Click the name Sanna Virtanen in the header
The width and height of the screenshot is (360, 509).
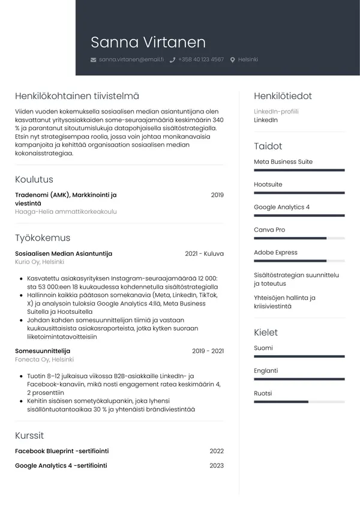[148, 42]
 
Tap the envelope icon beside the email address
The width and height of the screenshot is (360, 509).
[93, 60]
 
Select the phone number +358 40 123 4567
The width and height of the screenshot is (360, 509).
[200, 60]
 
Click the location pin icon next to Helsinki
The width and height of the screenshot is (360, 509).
[233, 60]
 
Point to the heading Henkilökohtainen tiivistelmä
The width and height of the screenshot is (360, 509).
[77, 96]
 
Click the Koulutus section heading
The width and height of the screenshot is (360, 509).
[34, 179]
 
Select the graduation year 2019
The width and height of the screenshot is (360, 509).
[217, 195]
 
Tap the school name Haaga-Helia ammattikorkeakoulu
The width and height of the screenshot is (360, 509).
[65, 212]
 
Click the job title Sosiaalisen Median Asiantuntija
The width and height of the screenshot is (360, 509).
[63, 254]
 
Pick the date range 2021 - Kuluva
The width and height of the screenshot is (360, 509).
[204, 254]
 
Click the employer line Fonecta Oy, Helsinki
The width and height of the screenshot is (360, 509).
[44, 360]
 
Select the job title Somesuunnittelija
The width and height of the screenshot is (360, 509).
[42, 351]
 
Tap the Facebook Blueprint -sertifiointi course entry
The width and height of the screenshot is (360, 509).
[61, 451]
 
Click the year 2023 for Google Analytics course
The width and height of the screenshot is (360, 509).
[217, 465]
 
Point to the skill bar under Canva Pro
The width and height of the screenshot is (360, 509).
[299, 238]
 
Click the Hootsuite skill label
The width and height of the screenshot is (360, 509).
[268, 184]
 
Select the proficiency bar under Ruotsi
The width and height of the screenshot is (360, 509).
[299, 402]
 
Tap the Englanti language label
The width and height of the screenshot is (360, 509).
[266, 371]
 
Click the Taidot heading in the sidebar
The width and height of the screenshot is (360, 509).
[268, 146]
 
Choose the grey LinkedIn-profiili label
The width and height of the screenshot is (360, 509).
[276, 112]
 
